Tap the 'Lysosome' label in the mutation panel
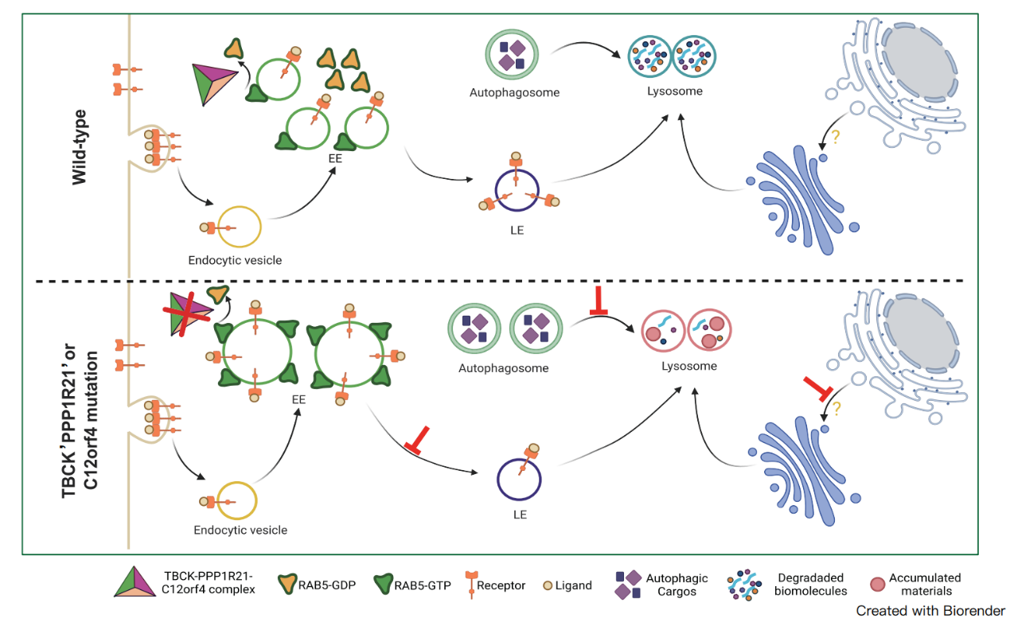click(x=689, y=367)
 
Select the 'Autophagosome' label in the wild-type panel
click(x=514, y=92)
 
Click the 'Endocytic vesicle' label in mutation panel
click(x=240, y=529)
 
